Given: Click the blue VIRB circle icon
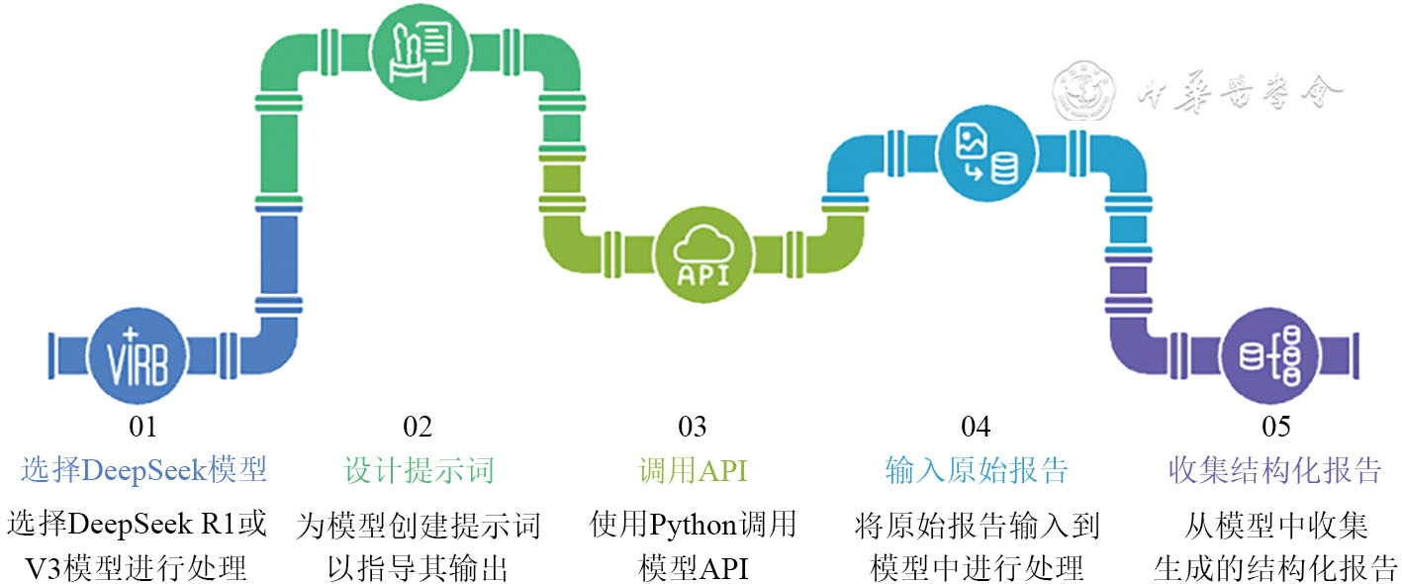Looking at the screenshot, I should (136, 357).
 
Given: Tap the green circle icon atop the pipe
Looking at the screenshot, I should (420, 50).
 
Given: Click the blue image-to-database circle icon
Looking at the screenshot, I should (982, 154).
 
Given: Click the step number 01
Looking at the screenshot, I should (143, 428).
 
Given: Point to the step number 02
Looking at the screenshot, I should (418, 428).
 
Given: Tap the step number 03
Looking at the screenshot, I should (693, 428).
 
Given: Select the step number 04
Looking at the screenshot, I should (976, 428).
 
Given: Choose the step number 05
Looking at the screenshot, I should (1275, 428).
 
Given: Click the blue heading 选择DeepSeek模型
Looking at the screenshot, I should (143, 470).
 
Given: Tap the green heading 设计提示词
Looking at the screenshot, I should (418, 470).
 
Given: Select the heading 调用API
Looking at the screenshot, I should (693, 470).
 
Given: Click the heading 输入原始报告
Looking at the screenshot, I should (977, 470).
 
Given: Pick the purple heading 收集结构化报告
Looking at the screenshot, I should (1275, 470).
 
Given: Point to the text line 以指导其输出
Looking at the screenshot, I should (418, 569).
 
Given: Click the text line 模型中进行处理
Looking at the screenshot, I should (977, 569).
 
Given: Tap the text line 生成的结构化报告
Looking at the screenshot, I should (1275, 569).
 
